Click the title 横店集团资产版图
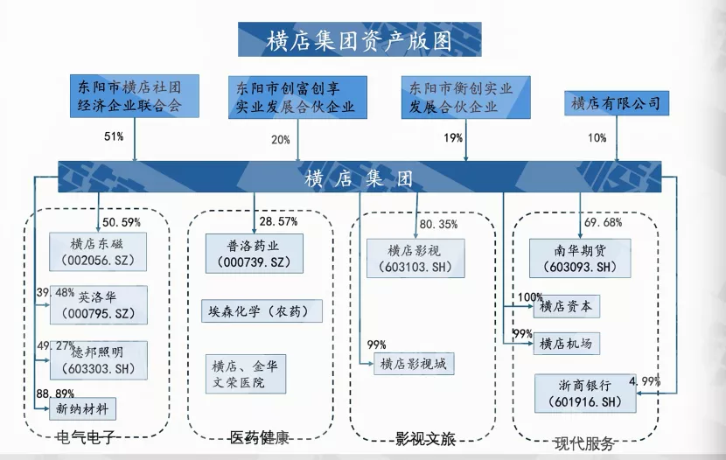click(359, 39)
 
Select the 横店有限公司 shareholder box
click(616, 104)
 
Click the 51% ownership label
click(114, 137)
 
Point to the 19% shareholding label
click(453, 138)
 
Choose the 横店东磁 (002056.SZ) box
click(98, 252)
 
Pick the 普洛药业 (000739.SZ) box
click(255, 252)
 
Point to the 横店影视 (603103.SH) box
click(415, 257)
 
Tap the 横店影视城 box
click(416, 365)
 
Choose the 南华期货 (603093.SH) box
click(580, 257)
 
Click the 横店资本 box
click(567, 307)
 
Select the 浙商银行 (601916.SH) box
click(584, 392)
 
